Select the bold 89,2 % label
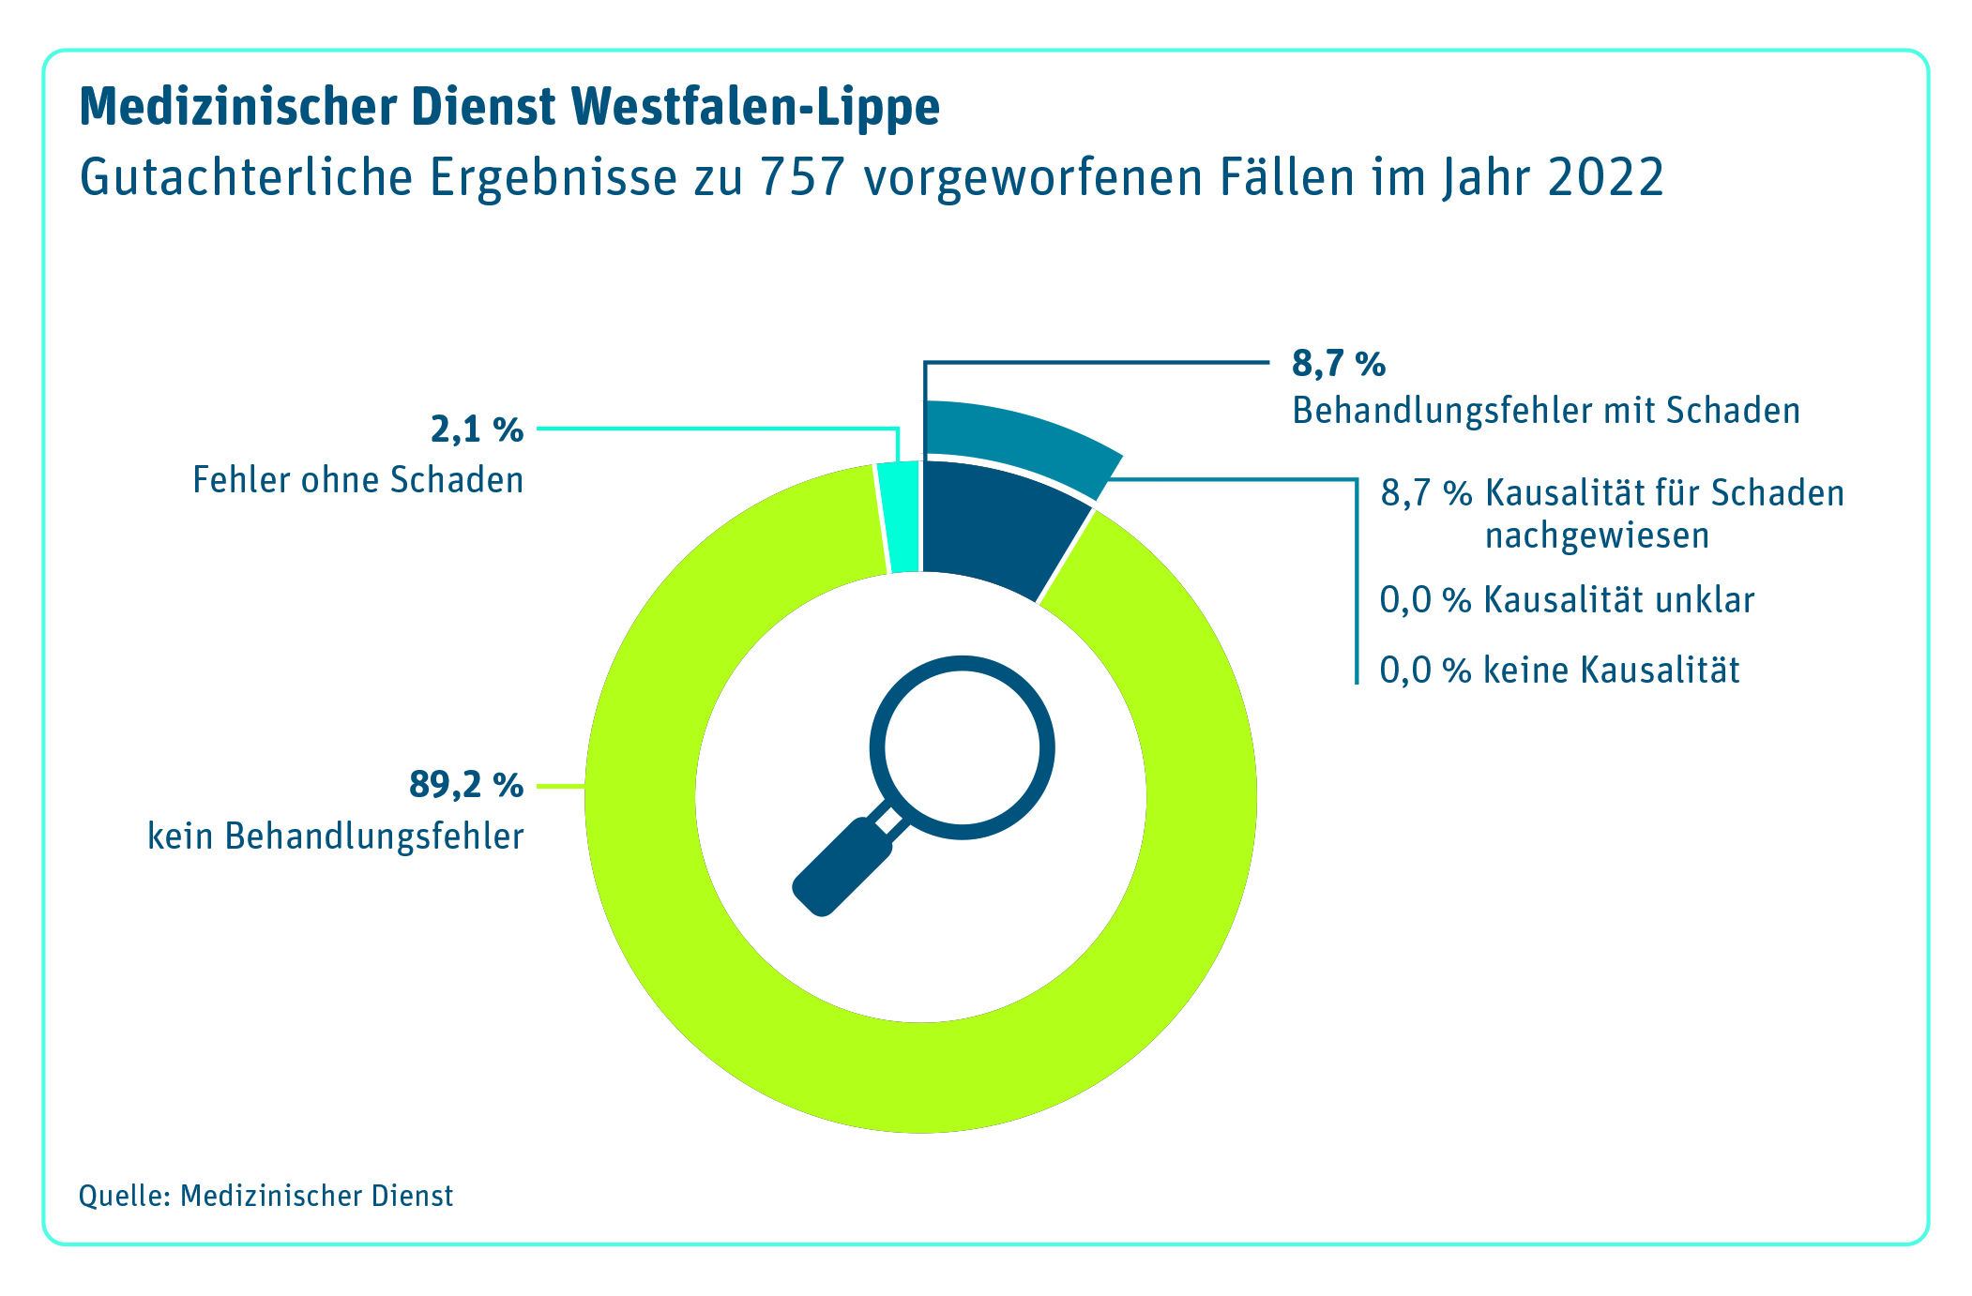click(465, 785)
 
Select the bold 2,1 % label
click(477, 429)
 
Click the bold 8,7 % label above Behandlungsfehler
click(1339, 364)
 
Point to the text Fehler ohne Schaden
click(357, 480)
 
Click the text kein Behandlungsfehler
click(335, 836)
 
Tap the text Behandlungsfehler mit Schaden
click(1545, 411)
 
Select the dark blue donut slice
click(994, 525)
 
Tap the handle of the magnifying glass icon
click(840, 867)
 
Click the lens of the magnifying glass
click(962, 747)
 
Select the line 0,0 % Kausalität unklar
click(1566, 600)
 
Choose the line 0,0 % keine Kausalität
click(1558, 671)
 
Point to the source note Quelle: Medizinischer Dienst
click(265, 1196)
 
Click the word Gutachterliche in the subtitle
click(246, 177)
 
